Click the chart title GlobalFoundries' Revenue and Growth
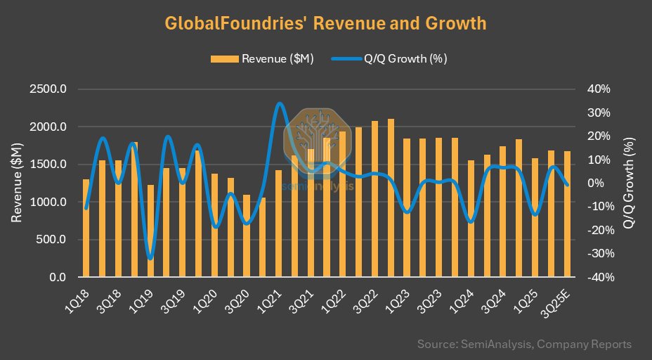[x=325, y=23]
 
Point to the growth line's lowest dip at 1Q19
[x=150, y=258]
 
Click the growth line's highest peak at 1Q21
[x=279, y=103]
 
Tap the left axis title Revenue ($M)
[x=17, y=183]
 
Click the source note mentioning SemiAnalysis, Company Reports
[x=524, y=345]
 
